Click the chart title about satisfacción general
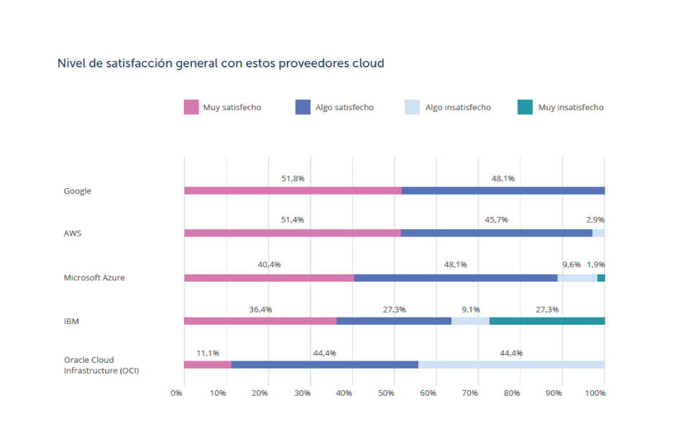click(x=221, y=63)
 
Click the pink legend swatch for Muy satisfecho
click(x=191, y=108)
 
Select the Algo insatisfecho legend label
click(x=458, y=108)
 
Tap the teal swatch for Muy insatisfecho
click(x=525, y=108)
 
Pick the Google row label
click(x=78, y=191)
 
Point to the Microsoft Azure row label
click(x=94, y=277)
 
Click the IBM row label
click(x=71, y=321)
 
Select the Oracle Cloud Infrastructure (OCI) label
click(x=101, y=365)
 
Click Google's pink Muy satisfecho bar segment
click(x=293, y=191)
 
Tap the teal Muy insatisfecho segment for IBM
click(x=547, y=321)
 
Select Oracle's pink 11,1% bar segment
click(x=207, y=365)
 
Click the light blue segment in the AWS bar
click(x=599, y=233)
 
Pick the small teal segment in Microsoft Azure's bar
click(x=601, y=278)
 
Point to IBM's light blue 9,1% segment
click(x=470, y=321)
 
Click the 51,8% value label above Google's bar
click(x=293, y=178)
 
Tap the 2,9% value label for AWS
click(x=595, y=220)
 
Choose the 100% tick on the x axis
click(x=596, y=394)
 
